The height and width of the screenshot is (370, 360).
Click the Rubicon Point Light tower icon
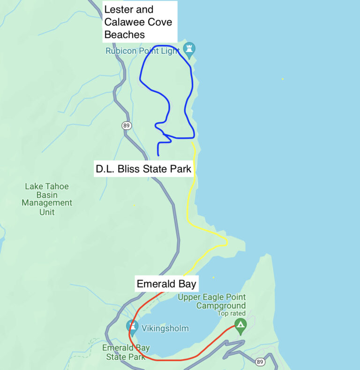pos(189,48)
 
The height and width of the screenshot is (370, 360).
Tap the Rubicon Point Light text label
pos(142,51)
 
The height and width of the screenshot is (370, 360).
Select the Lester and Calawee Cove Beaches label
pos(138,22)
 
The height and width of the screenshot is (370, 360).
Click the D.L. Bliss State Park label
pos(143,169)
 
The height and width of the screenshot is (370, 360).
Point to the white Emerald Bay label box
pos(166,284)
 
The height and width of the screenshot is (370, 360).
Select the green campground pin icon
pos(240,326)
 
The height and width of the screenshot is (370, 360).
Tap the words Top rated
pos(232,313)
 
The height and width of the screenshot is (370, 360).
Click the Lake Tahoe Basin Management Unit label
pos(47,199)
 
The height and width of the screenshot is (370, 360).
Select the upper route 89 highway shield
pos(126,126)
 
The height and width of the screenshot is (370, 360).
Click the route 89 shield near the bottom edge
pos(260,362)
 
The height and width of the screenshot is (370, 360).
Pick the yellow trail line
pos(188,201)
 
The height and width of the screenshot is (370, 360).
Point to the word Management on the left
pos(47,203)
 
